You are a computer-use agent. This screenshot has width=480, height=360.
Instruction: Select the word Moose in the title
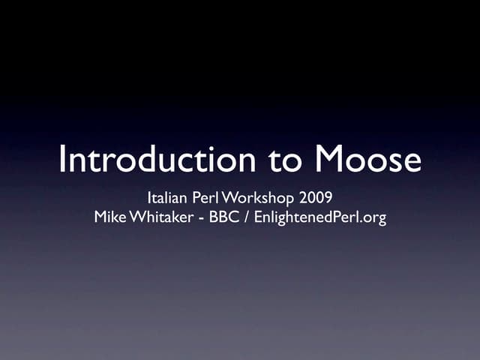(x=367, y=160)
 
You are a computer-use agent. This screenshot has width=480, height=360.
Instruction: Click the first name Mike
(x=109, y=218)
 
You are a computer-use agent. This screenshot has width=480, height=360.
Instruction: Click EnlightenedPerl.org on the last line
(x=321, y=218)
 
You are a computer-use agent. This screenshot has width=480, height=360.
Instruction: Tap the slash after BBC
(x=247, y=218)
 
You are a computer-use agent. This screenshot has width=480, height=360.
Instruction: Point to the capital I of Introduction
(x=62, y=160)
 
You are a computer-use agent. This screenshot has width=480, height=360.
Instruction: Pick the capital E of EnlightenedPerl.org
(x=259, y=218)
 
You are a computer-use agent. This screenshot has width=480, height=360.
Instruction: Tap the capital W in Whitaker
(x=138, y=218)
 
